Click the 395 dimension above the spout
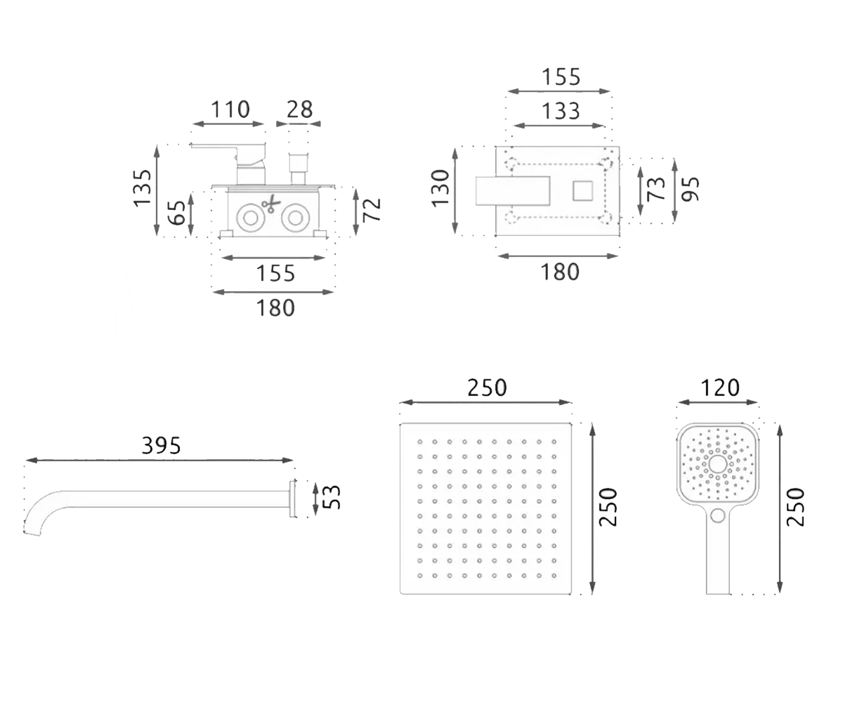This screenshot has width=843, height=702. coord(161,445)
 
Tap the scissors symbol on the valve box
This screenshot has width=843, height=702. coord(271,204)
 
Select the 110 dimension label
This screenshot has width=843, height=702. coord(230,110)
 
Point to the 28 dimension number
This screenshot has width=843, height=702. coord(299,110)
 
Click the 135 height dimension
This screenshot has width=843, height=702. coord(143,189)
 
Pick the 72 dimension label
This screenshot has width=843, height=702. coord(372,210)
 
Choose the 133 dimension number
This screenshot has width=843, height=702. coord(561,111)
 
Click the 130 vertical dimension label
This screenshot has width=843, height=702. coord(440,189)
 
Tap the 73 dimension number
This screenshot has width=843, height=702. coord(656,188)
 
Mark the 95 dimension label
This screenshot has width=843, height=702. coord(690,189)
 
